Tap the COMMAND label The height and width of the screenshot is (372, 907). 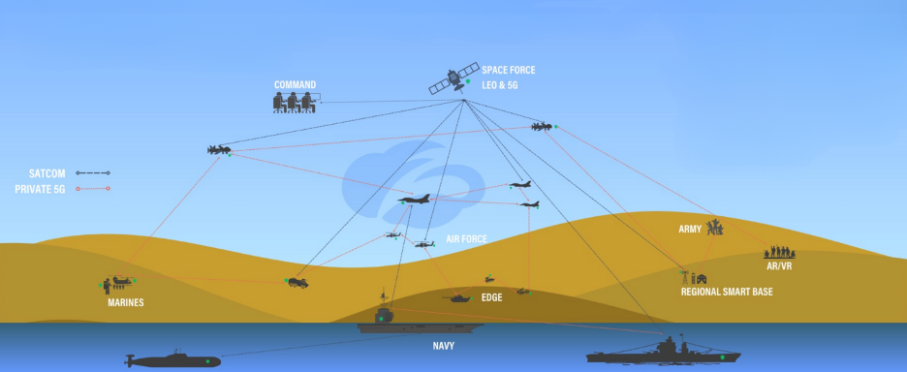(x=296, y=84)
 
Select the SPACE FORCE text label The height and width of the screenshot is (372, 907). (x=508, y=71)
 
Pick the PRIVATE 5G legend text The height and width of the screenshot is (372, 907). (x=40, y=188)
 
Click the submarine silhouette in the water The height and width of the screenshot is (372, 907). (x=173, y=359)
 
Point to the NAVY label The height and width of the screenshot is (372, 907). (x=444, y=345)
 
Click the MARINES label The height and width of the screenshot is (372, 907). (x=125, y=302)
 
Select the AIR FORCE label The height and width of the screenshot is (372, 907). (x=466, y=238)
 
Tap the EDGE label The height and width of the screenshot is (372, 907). (x=491, y=297)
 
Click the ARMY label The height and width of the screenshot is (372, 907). (x=690, y=229)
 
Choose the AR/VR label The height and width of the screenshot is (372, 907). (x=778, y=265)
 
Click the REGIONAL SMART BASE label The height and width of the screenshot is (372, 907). (x=726, y=292)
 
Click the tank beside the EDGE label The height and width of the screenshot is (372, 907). (x=457, y=297)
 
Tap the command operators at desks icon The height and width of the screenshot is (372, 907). (x=295, y=102)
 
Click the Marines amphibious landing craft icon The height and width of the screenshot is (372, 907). (x=118, y=283)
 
